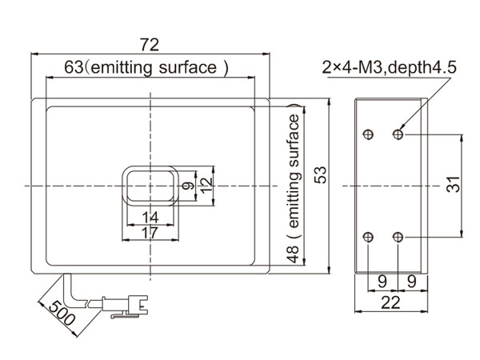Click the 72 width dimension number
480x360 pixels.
(150, 43)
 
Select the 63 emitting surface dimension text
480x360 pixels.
(147, 68)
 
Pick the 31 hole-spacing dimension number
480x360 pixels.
(454, 186)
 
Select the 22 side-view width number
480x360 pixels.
(390, 302)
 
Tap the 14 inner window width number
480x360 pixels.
(150, 217)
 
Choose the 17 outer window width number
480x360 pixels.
(150, 233)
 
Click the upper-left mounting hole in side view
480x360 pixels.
(368, 134)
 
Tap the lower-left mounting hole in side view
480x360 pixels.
(368, 237)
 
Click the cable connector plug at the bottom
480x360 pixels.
(129, 305)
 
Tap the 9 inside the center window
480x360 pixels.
(188, 186)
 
